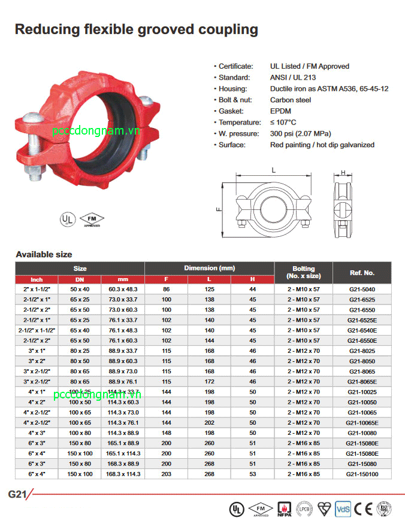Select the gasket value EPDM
click(280, 111)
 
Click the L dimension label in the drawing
click(273, 171)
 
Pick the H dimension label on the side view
click(343, 173)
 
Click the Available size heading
click(44, 254)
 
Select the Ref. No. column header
click(362, 273)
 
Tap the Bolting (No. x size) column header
click(303, 273)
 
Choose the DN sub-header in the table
click(80, 279)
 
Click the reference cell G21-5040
click(362, 290)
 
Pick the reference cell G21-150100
click(362, 474)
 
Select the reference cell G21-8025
click(362, 351)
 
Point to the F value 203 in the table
click(166, 474)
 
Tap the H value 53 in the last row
click(252, 474)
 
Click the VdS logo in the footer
click(342, 508)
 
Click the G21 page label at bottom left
click(17, 494)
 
